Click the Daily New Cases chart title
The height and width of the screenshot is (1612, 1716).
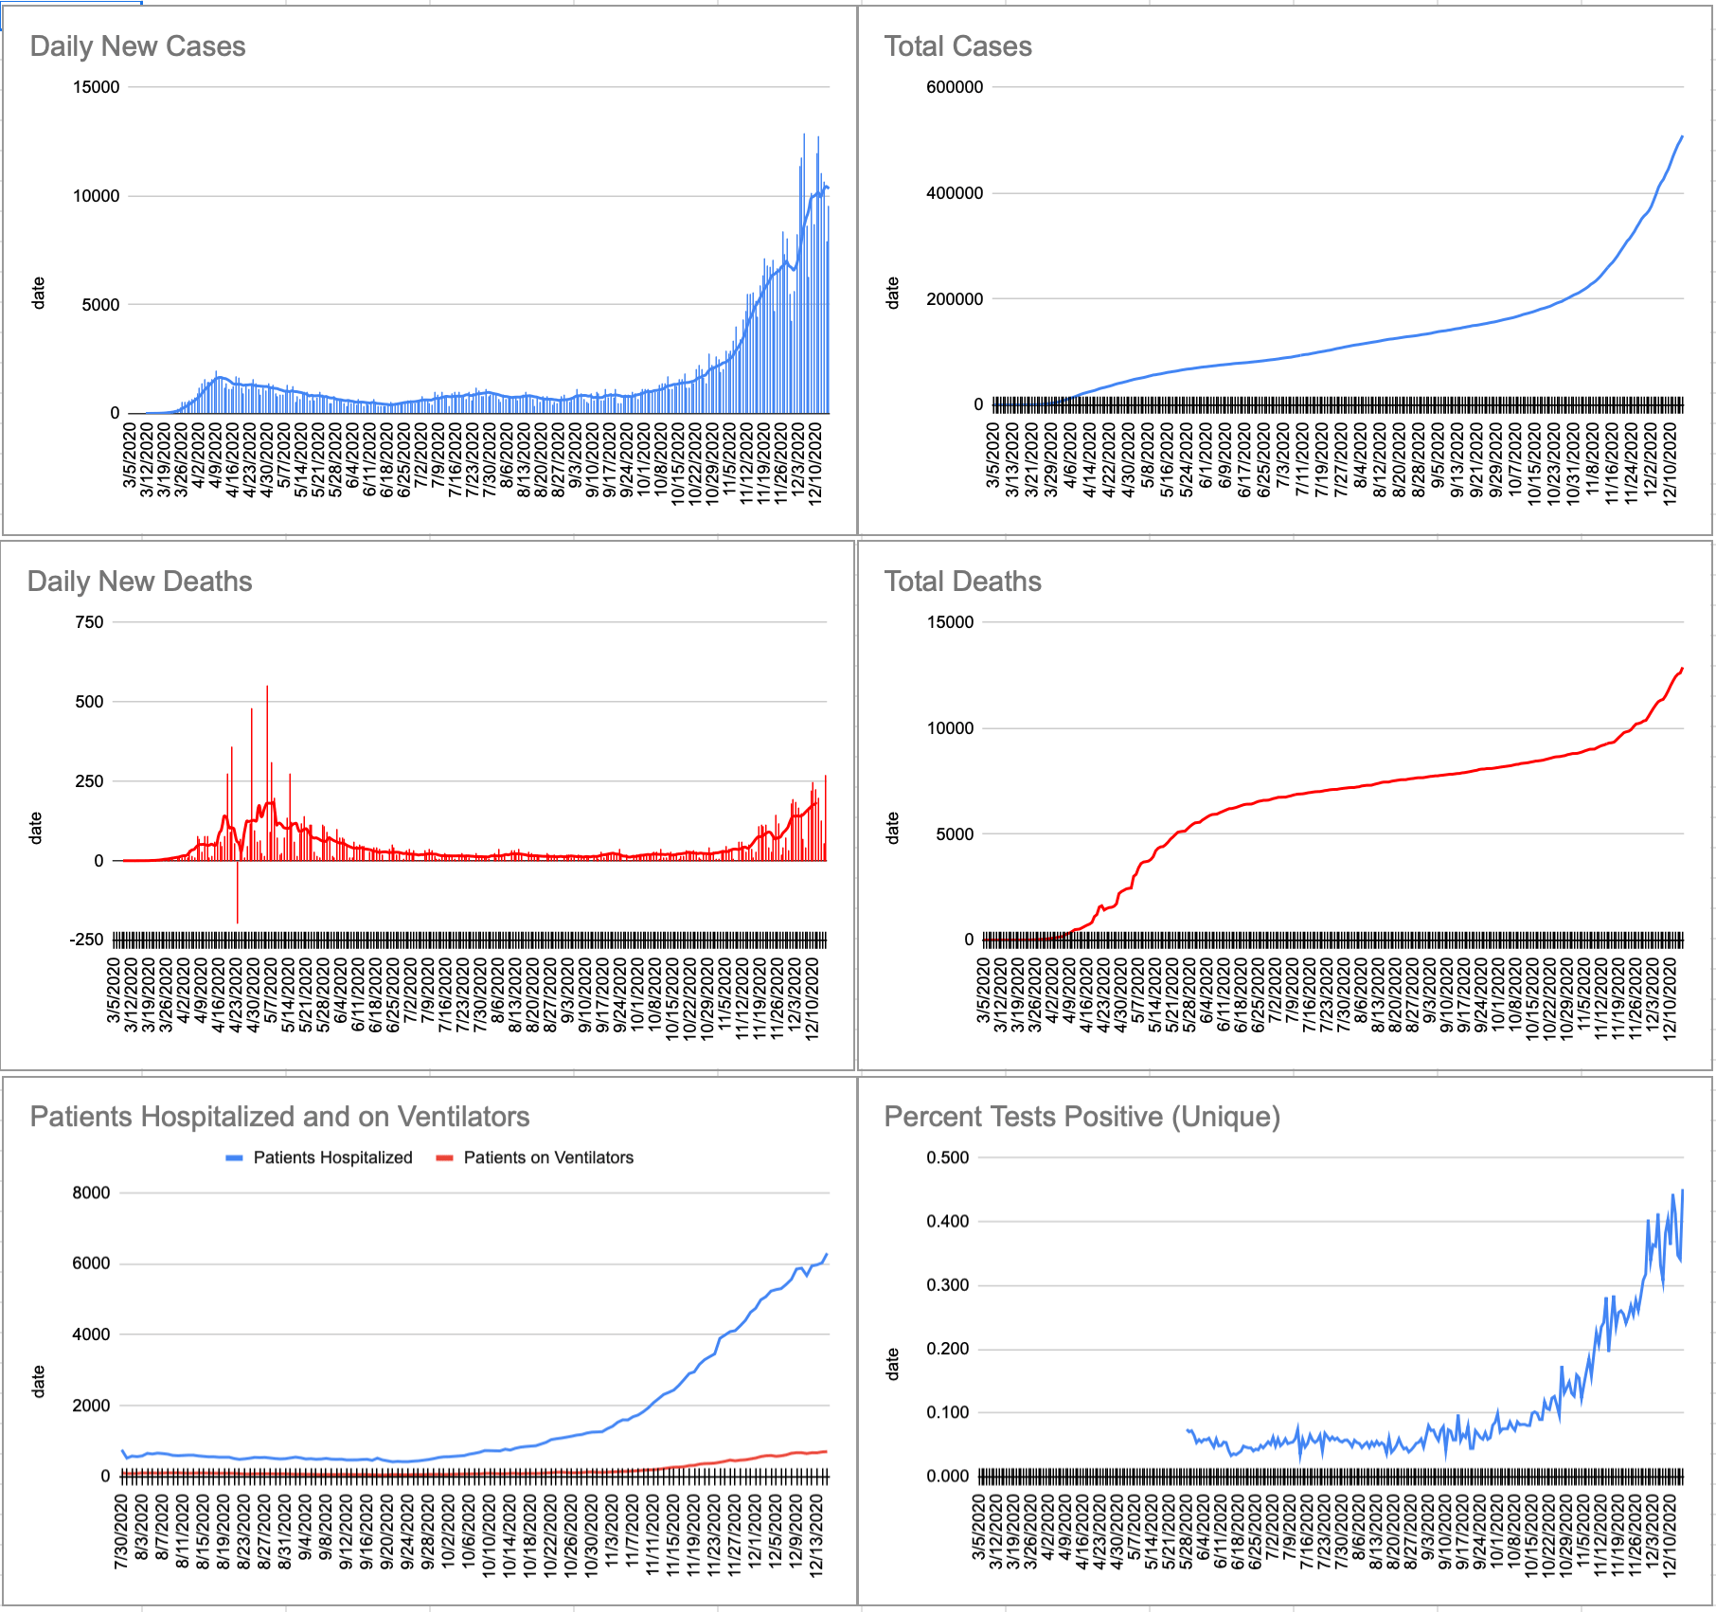(137, 46)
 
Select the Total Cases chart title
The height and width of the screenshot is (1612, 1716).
(957, 46)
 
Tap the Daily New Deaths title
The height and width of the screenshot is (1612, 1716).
(139, 582)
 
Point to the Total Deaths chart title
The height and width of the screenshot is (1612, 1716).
(962, 582)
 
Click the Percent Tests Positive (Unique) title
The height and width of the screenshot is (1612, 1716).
(1081, 1117)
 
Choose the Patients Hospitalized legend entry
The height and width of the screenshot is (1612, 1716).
(331, 1157)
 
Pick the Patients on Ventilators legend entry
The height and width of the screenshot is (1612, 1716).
(547, 1157)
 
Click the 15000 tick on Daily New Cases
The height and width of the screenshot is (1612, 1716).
(97, 87)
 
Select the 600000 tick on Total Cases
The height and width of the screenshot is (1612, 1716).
(955, 87)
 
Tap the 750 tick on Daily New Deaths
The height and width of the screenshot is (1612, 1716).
(89, 622)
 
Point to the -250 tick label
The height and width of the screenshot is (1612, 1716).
(86, 940)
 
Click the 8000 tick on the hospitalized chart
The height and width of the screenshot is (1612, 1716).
(91, 1192)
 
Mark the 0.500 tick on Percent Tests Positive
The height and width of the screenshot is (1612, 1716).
(948, 1157)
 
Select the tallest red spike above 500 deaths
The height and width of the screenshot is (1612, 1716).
(267, 701)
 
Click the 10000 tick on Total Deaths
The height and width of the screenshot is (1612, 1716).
(950, 728)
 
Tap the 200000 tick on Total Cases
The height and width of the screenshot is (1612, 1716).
(955, 299)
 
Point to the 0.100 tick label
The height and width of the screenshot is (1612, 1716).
(948, 1412)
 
